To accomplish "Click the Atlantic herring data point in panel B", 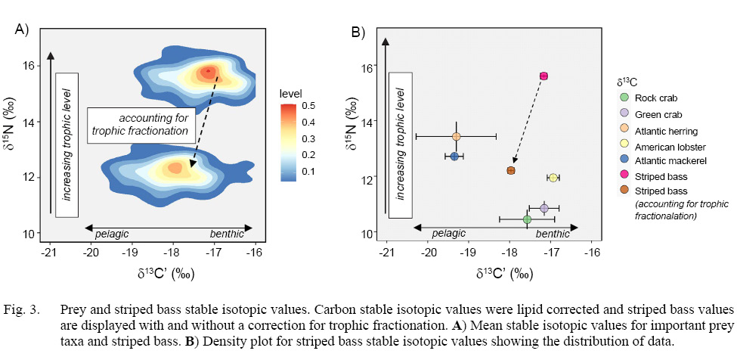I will [x=457, y=136].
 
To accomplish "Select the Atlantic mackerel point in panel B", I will [x=454, y=156].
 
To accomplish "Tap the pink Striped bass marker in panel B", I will [x=543, y=76].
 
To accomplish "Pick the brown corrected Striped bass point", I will [x=511, y=171].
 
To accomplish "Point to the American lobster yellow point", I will [x=553, y=178].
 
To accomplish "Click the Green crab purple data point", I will [x=544, y=208].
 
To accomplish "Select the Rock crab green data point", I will [x=527, y=219].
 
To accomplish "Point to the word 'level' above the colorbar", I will [x=291, y=93].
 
